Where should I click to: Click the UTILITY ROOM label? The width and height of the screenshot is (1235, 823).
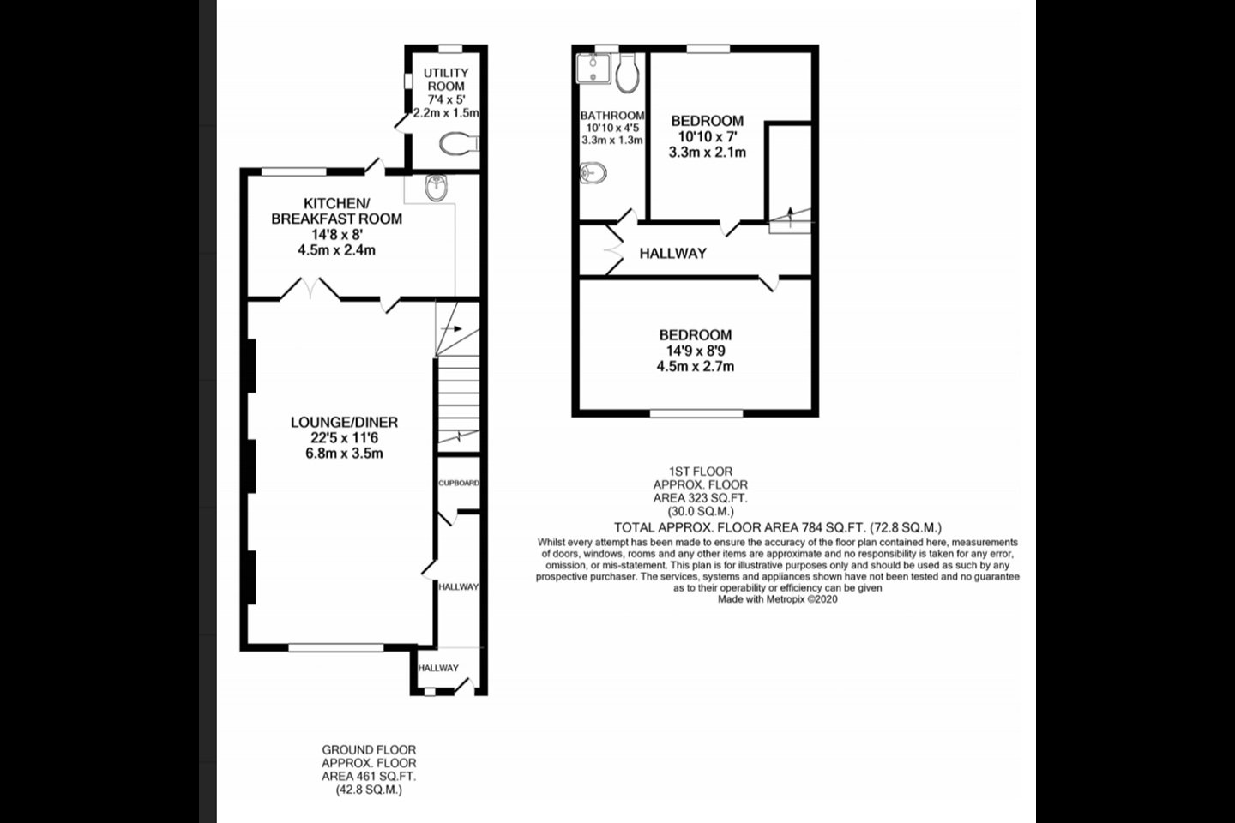[446, 80]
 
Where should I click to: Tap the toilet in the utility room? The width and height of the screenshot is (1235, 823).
[459, 144]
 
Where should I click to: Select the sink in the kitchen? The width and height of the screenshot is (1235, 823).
[436, 188]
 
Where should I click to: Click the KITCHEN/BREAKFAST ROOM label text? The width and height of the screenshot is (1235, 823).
[337, 211]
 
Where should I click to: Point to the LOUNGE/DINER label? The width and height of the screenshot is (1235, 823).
[344, 423]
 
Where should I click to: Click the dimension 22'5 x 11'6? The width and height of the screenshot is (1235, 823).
[344, 438]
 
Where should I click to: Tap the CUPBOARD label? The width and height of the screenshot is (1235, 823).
[459, 483]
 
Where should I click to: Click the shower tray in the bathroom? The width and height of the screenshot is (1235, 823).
[593, 69]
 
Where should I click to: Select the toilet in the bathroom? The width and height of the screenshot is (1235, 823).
[628, 73]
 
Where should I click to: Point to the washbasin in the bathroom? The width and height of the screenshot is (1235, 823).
[593, 173]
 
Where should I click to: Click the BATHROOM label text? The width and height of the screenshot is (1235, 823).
[612, 116]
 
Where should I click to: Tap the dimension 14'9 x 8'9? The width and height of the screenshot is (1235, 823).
[696, 351]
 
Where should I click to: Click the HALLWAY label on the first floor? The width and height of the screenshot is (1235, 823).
[672, 254]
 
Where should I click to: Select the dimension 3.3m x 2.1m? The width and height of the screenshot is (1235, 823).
[708, 152]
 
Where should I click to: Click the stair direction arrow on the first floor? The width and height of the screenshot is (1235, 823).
[791, 217]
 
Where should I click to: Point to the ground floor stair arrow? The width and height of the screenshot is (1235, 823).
[451, 329]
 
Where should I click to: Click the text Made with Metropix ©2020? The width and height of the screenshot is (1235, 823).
[777, 599]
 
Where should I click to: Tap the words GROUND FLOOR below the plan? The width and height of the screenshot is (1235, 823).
[369, 749]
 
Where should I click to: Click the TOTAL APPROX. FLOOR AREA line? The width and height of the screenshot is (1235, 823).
[778, 527]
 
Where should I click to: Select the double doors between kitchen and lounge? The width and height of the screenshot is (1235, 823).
[310, 289]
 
